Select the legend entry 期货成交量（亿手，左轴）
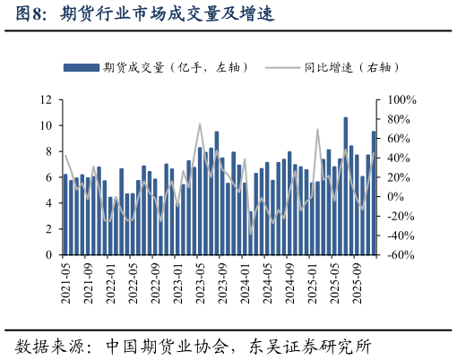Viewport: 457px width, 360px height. (175, 67)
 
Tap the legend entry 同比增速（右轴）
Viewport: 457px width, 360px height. (350, 67)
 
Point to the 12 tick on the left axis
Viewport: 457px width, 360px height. (45, 100)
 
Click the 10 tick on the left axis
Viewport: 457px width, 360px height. (45, 126)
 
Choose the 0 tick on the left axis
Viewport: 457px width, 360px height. (47, 255)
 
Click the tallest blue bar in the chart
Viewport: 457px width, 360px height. (346, 186)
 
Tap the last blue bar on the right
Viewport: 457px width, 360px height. (374, 193)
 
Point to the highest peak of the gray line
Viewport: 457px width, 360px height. (200, 124)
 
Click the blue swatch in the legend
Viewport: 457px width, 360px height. (81, 67)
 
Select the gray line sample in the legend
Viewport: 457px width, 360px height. (282, 67)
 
